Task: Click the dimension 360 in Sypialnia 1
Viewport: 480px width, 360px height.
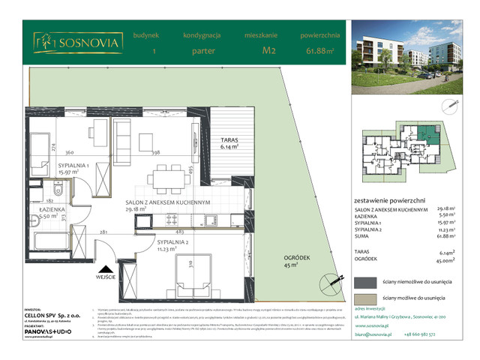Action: (x=68, y=151)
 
